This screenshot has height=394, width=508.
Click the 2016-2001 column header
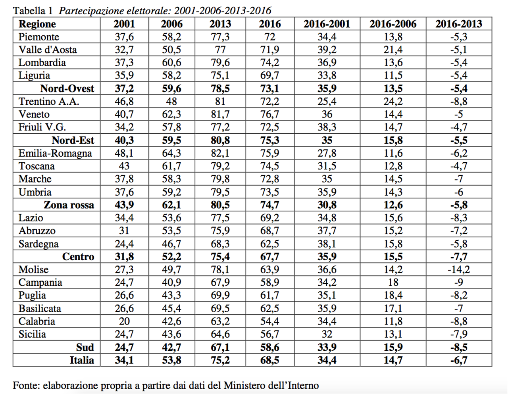click(327, 24)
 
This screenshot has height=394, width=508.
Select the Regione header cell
click(37, 24)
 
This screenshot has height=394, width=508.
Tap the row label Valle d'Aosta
click(48, 50)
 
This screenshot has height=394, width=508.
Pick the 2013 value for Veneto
click(220, 114)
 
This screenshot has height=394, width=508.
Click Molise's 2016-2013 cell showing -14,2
click(459, 270)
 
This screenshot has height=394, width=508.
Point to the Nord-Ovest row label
click(67, 88)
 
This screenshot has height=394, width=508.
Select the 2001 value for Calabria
click(124, 321)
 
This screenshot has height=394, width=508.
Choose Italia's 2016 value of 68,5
click(269, 360)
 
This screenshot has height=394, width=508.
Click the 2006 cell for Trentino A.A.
click(171, 102)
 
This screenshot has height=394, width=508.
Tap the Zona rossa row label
click(69, 205)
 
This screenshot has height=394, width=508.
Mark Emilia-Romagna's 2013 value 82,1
click(220, 153)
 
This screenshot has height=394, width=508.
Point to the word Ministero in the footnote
click(244, 385)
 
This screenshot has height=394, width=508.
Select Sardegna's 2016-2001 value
click(327, 244)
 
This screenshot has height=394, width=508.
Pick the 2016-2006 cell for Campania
click(393, 283)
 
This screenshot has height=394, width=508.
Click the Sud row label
click(85, 347)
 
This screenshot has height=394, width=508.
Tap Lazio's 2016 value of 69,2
click(269, 218)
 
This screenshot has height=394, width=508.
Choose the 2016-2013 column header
click(459, 24)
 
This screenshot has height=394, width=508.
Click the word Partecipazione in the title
click(91, 11)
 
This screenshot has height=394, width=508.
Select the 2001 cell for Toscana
click(124, 166)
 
